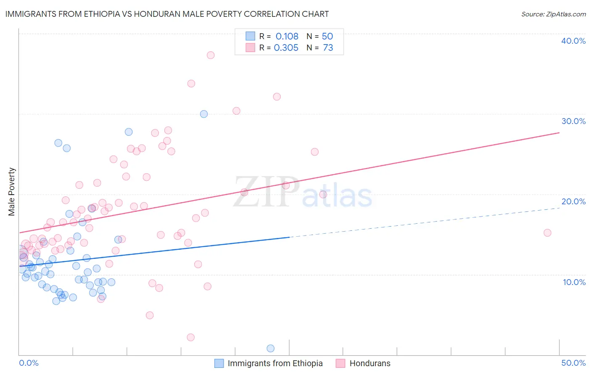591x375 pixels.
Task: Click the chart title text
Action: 167,14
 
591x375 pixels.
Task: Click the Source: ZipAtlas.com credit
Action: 553,14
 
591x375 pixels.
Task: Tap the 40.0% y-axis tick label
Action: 573,41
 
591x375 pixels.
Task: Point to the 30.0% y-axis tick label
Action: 573,121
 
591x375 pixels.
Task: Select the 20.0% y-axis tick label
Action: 573,201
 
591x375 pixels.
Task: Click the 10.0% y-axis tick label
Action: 574,282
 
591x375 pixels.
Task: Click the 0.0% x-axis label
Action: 29,363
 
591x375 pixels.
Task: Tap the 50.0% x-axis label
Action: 573,363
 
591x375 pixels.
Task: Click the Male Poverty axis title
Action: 12,192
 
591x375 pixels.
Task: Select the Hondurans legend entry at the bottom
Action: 370,363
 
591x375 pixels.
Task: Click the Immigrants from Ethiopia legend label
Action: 275,363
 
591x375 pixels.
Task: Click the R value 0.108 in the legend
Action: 287,37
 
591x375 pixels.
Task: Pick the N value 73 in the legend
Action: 328,48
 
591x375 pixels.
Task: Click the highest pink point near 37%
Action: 211,55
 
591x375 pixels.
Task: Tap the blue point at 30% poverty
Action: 204,114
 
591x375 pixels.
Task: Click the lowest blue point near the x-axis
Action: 271,349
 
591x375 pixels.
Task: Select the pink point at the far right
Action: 547,233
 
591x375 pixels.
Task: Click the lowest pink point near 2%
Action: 190,337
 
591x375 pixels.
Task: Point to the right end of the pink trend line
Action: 559,133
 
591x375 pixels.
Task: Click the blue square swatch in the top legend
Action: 251,36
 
